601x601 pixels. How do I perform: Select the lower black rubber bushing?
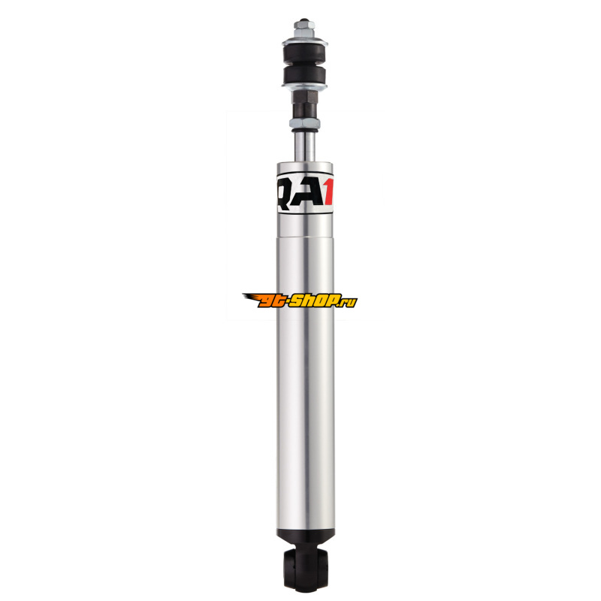click(x=305, y=75)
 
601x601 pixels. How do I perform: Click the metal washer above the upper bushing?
click(x=305, y=41)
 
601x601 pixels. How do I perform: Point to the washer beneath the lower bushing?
click(x=305, y=86)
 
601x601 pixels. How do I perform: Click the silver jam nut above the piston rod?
click(x=305, y=123)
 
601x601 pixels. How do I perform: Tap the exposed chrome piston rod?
click(x=305, y=146)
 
